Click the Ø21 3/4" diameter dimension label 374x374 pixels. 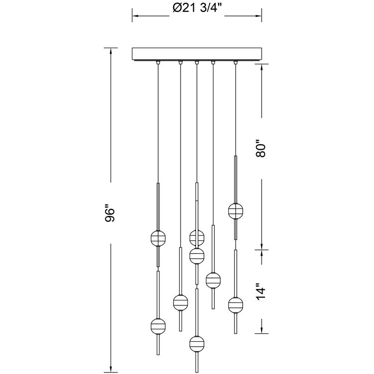pyautogui.click(x=197, y=8)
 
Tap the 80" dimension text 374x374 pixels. pyautogui.click(x=261, y=148)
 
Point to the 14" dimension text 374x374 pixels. pyautogui.click(x=261, y=291)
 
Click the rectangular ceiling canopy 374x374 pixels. pyautogui.click(x=197, y=54)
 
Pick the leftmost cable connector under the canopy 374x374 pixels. pyautogui.click(x=158, y=63)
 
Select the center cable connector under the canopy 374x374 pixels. pyautogui.click(x=196, y=63)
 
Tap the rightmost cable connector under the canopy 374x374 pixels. pyautogui.click(x=236, y=63)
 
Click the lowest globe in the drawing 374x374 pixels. pyautogui.click(x=197, y=344)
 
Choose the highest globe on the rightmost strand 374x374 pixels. pyautogui.click(x=236, y=211)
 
